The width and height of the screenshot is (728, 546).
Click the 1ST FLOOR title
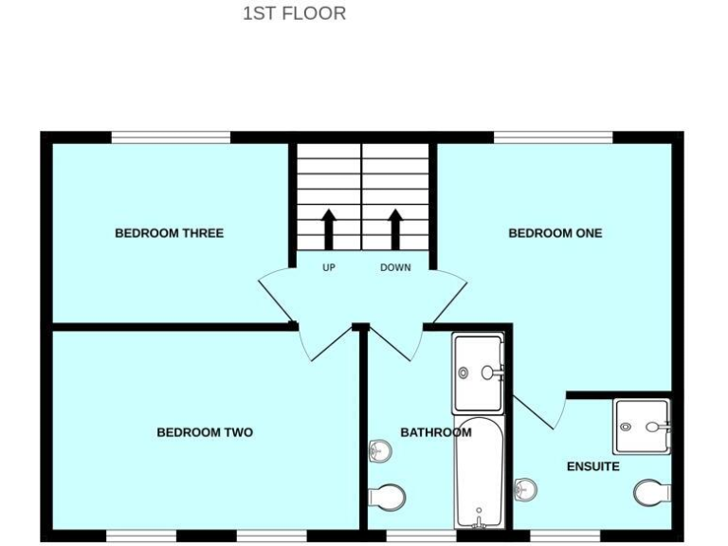point(295,14)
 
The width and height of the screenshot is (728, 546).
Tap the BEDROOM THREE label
point(169,233)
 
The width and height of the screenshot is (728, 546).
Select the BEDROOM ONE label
point(555,233)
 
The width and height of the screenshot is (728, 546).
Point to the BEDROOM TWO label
point(205,433)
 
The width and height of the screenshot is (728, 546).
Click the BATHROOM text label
point(435,433)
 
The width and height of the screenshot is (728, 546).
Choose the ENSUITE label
point(592,466)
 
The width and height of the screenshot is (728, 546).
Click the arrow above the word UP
point(329,227)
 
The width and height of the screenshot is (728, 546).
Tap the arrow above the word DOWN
point(395,227)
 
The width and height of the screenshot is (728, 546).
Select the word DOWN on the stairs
point(395,267)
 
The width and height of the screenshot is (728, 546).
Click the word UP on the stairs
point(329,267)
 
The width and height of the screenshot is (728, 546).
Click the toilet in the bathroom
point(387,496)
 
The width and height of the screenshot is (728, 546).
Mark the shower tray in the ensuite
point(642,427)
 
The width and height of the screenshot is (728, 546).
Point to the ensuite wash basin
point(522,488)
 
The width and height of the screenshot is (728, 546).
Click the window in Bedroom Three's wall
point(171,137)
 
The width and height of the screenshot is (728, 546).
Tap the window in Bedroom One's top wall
point(554,137)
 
